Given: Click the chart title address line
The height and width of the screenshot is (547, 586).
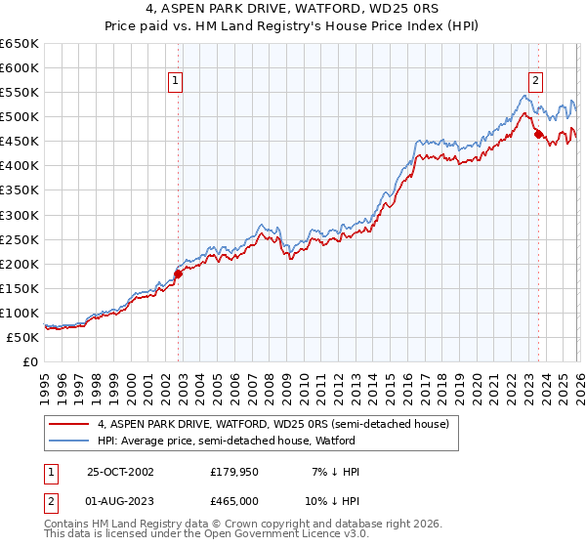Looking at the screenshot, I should click(293, 9).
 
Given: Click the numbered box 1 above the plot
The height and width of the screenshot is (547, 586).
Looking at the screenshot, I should click(175, 82).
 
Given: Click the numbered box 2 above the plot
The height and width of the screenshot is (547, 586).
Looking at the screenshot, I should click(536, 82).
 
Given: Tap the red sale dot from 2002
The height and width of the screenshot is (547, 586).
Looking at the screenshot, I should click(179, 273).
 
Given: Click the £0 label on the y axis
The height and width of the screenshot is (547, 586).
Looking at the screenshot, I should click(29, 361).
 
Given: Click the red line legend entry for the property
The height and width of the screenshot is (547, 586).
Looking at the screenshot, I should click(272, 424).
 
